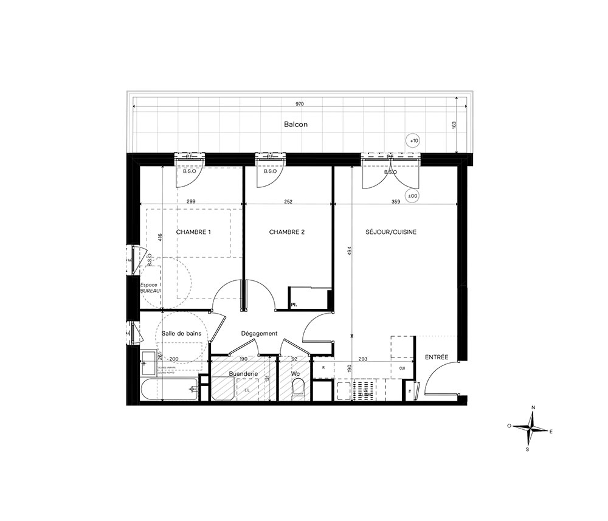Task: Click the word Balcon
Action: [x=296, y=125]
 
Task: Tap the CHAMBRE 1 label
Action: [x=193, y=232]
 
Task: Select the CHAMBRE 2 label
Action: [x=286, y=232]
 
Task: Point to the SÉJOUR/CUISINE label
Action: [x=391, y=232]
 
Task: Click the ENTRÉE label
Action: [x=437, y=357]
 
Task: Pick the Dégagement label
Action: [x=259, y=333]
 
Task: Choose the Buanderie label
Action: [x=242, y=373]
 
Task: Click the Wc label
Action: [x=295, y=373]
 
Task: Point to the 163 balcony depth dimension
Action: [x=455, y=124]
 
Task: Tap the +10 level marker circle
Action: [x=413, y=141]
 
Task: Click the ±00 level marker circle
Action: [x=412, y=196]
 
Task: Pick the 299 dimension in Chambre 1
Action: [x=190, y=201]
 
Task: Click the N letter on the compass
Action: [x=533, y=407]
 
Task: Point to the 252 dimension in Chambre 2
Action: [x=289, y=201]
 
